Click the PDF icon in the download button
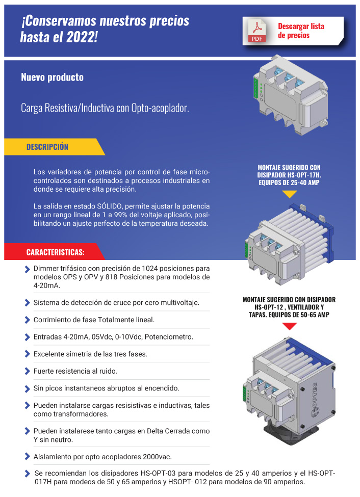pyautogui.click(x=257, y=31)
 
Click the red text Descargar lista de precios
pyautogui.click(x=301, y=31)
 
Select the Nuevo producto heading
pyautogui.click(x=53, y=77)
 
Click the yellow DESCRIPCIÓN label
pyautogui.click(x=47, y=147)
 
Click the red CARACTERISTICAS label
pyautogui.click(x=55, y=252)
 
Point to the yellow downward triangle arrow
pyautogui.click(x=289, y=194)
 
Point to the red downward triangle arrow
pyautogui.click(x=289, y=326)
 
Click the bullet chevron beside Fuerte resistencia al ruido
pyautogui.click(x=27, y=371)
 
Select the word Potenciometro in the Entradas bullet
pyautogui.click(x=169, y=337)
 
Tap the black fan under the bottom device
pyautogui.click(x=291, y=433)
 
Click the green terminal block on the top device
pyautogui.click(x=256, y=88)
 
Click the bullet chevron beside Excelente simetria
pyautogui.click(x=27, y=354)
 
